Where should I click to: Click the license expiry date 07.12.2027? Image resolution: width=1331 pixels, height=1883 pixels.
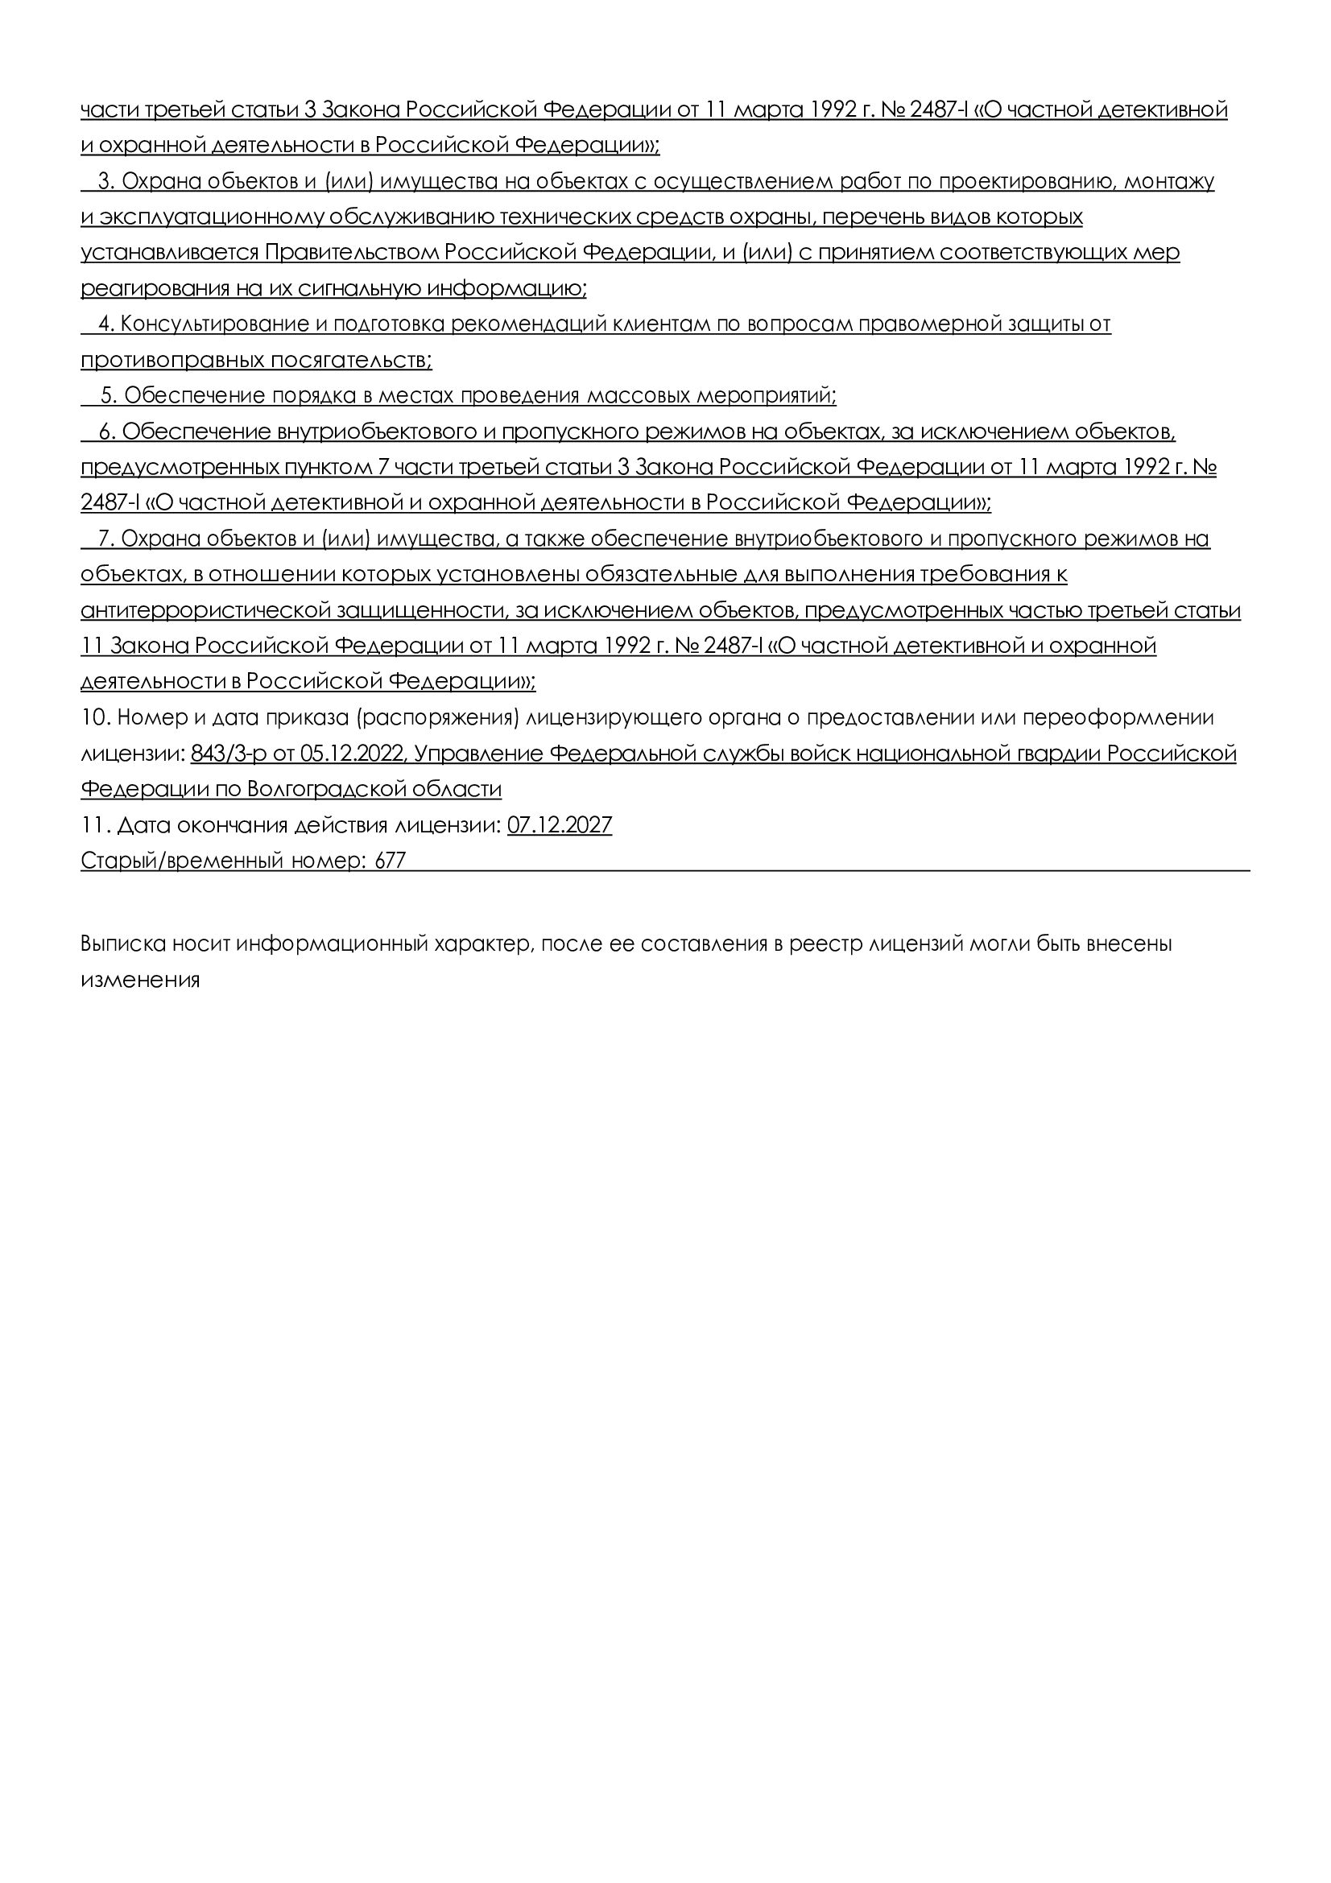coord(560,824)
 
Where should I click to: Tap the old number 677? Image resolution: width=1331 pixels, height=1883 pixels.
coord(391,861)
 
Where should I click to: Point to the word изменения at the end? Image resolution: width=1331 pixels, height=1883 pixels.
coord(140,979)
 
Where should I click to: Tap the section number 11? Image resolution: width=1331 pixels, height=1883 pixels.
coord(93,824)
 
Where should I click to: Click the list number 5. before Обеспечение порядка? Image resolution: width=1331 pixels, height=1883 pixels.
coord(108,395)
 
